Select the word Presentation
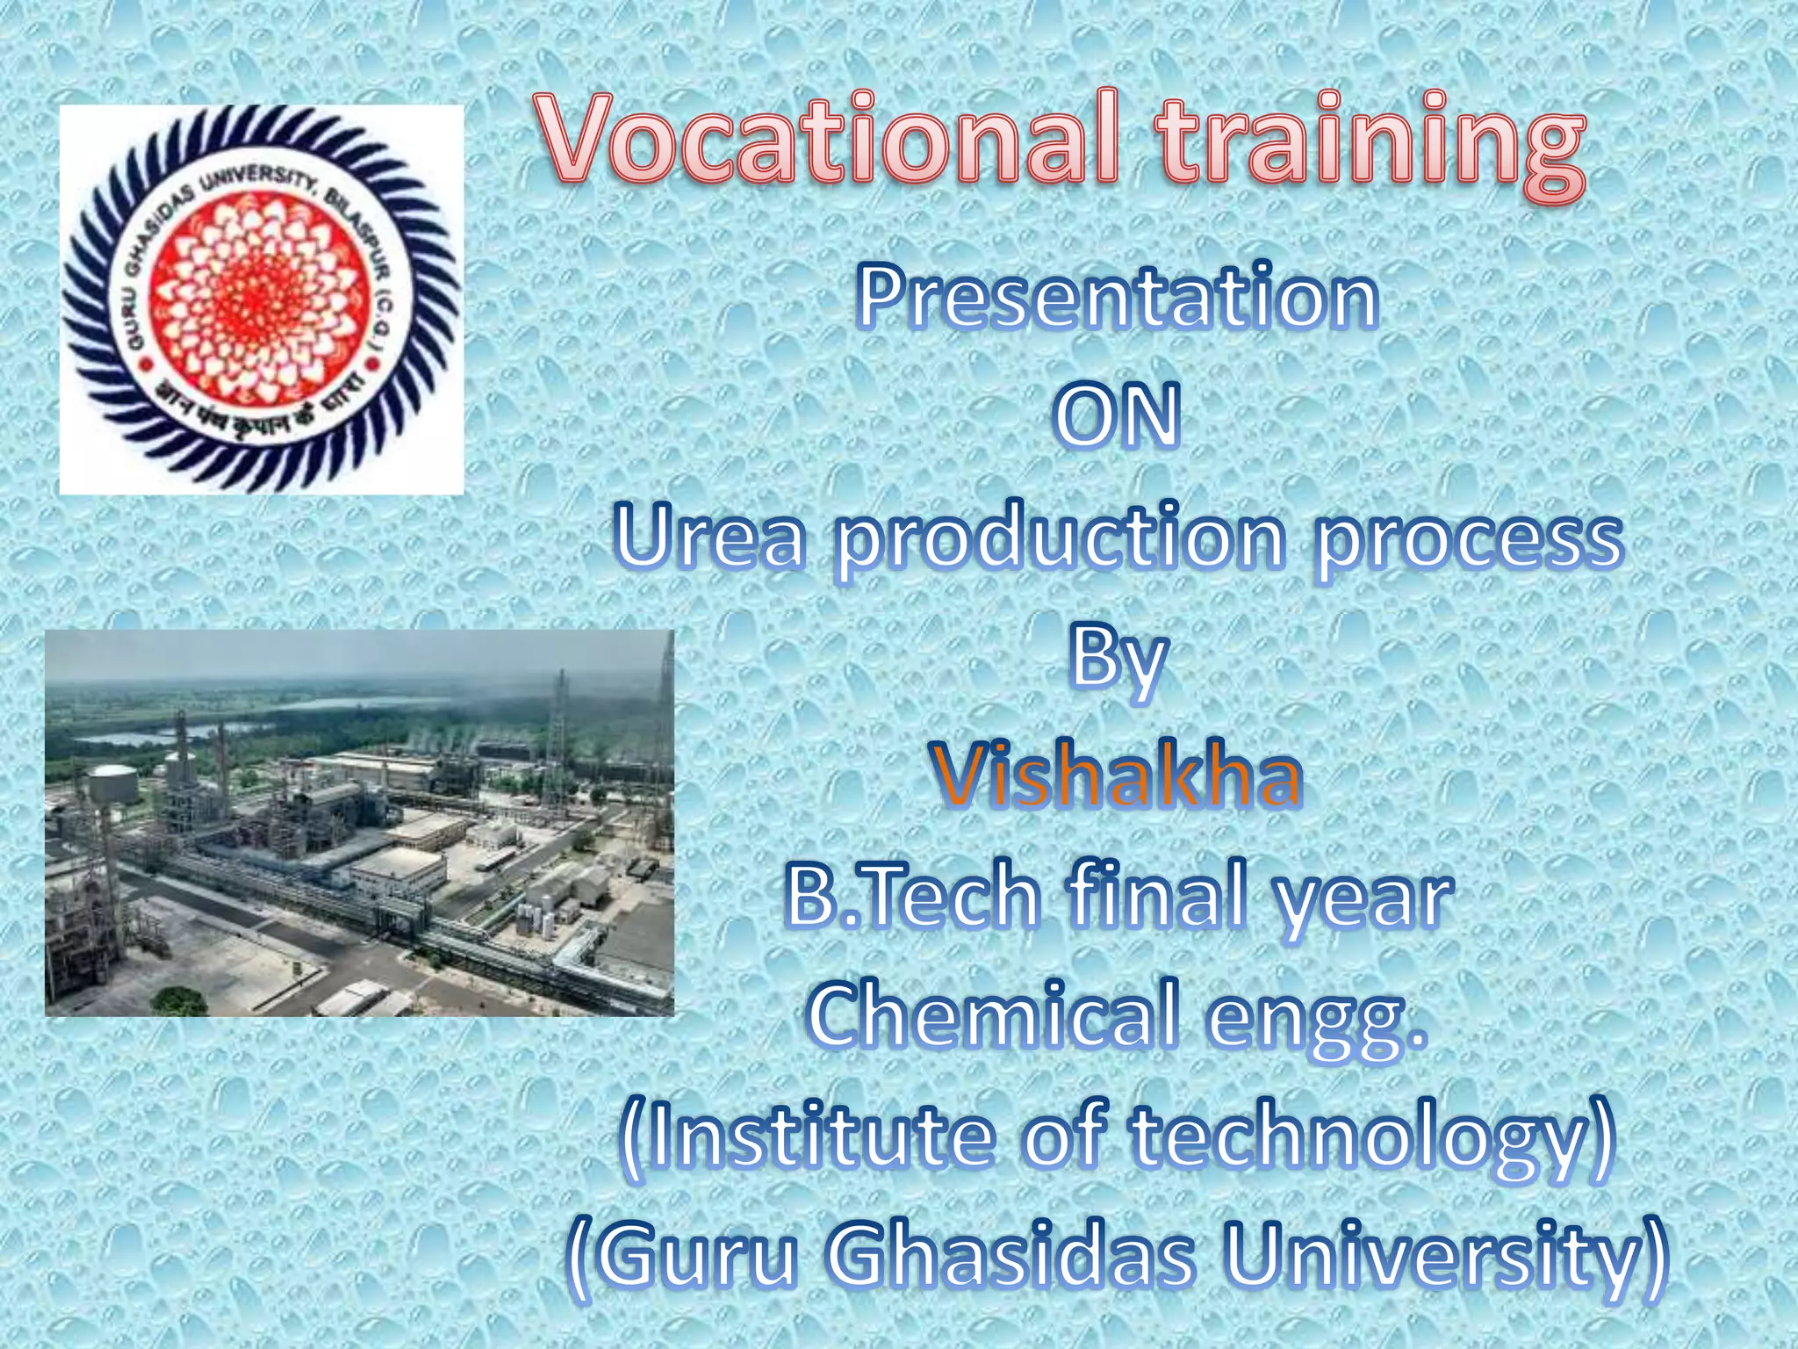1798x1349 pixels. tap(1117, 299)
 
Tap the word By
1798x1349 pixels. tap(1117, 660)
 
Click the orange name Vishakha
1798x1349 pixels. tap(1117, 776)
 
